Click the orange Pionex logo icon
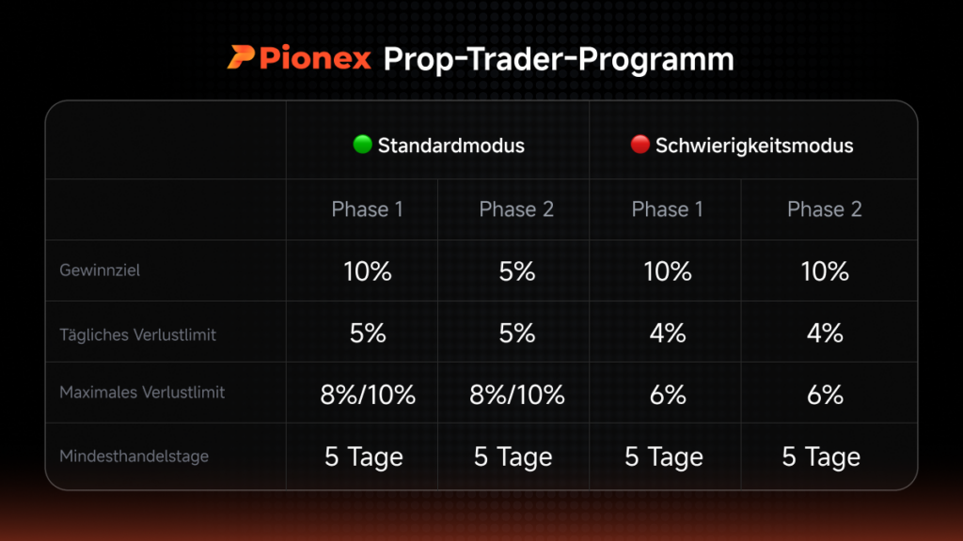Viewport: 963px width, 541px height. coord(241,57)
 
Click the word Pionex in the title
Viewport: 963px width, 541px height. coord(315,58)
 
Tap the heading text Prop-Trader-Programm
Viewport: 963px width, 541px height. coord(559,59)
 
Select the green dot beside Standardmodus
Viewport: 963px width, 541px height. coord(362,144)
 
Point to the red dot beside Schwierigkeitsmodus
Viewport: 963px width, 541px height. coord(639,144)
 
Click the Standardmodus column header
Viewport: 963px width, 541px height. coord(450,146)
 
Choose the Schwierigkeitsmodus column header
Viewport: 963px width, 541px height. coord(754,146)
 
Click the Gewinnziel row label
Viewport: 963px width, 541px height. coord(100,270)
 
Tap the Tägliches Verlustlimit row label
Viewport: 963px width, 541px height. coord(137,334)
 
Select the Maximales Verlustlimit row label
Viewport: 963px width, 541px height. coord(142,393)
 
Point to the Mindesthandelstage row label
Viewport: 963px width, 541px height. coord(134,456)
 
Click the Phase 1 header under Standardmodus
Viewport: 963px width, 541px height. coord(368,209)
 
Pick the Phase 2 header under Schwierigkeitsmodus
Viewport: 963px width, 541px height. coord(824,209)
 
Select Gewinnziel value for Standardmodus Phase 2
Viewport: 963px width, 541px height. coord(516,271)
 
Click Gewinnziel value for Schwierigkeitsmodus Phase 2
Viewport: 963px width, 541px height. coord(825,271)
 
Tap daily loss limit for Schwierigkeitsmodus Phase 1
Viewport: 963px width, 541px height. coord(668,333)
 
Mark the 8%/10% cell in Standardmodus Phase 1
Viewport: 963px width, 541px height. coord(368,395)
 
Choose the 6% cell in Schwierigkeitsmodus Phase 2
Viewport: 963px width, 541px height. coord(825,395)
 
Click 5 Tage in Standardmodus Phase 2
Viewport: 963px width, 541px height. coord(513,457)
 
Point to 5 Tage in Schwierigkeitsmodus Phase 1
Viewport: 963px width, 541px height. coord(664,457)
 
